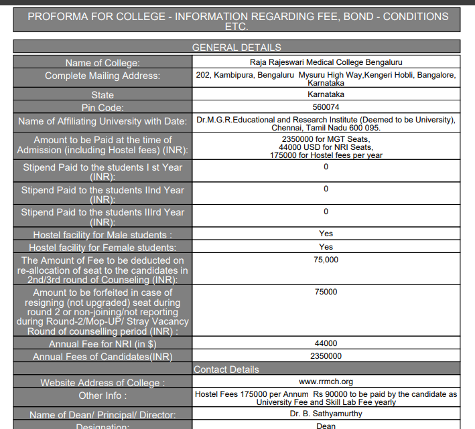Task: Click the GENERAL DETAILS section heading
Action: pos(236,48)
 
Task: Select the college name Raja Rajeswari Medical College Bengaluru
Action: pos(326,62)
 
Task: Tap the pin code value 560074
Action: pos(326,107)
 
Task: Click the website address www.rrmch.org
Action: pos(326,381)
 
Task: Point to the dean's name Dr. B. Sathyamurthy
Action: pos(326,414)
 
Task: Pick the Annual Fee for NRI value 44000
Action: pos(326,343)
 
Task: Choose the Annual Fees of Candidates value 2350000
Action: pos(326,356)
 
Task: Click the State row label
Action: pos(103,95)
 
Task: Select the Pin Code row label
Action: pos(103,108)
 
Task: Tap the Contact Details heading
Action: pos(226,369)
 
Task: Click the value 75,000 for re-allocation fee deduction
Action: pos(326,260)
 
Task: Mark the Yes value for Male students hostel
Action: pos(326,234)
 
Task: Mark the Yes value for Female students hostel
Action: pos(326,247)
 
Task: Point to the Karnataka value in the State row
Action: pos(326,94)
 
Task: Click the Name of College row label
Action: pos(103,63)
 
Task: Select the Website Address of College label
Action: pos(103,383)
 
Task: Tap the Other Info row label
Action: pos(103,396)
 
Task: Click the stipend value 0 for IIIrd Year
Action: pos(326,211)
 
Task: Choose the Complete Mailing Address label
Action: pos(103,76)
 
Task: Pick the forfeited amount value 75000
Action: pos(326,292)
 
